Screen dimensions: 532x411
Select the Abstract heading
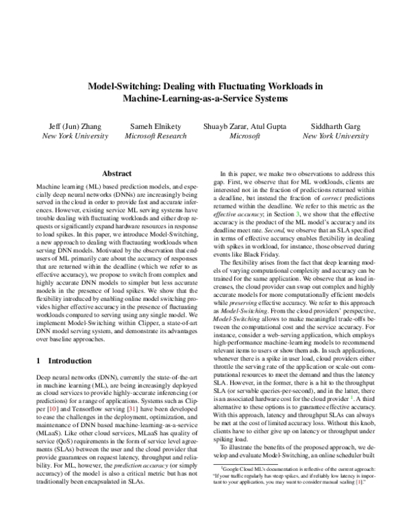[116, 174]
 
